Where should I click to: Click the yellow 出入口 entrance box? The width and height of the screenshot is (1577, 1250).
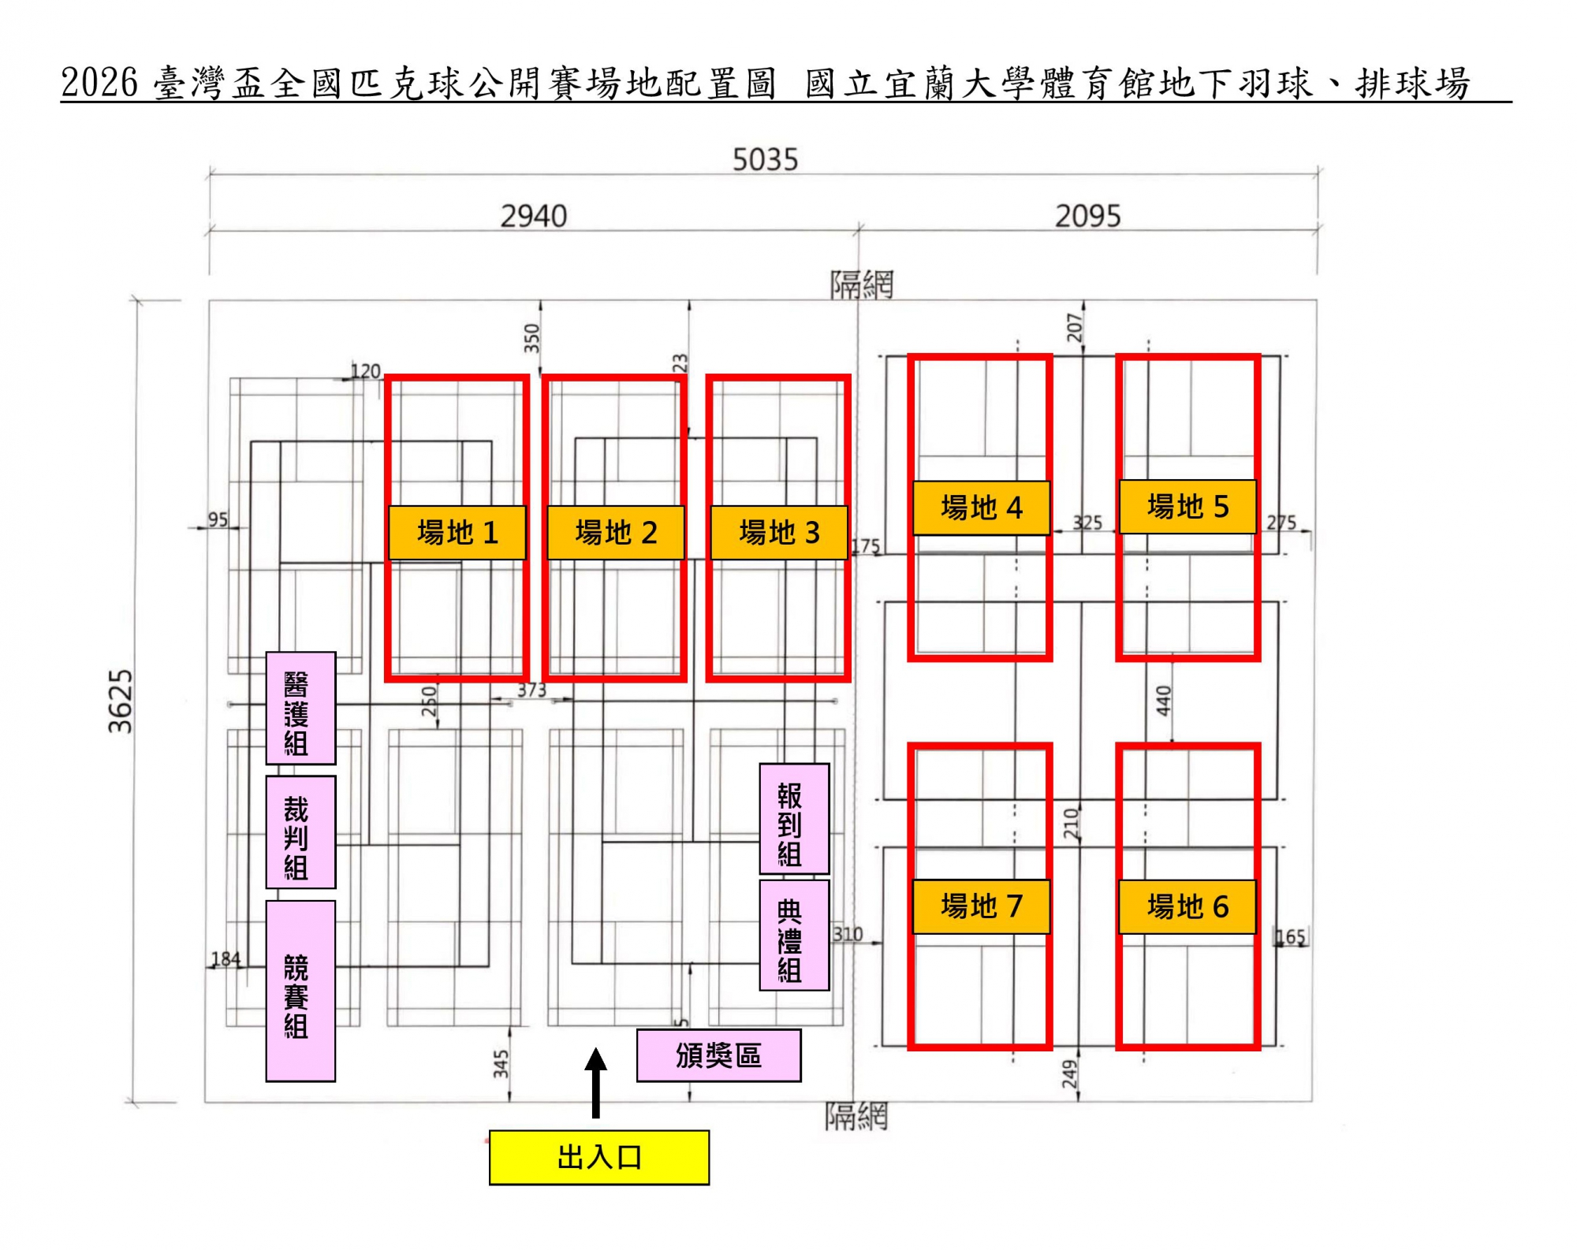(x=598, y=1157)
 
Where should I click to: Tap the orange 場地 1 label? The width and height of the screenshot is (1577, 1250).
(x=457, y=533)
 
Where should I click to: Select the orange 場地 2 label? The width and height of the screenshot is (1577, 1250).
(x=615, y=533)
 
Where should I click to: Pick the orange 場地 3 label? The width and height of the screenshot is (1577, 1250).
(x=779, y=533)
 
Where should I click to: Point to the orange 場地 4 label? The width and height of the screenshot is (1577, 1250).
(x=981, y=508)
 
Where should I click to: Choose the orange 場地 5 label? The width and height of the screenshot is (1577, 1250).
(x=1187, y=506)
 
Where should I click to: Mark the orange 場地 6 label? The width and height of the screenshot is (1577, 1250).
(x=1187, y=906)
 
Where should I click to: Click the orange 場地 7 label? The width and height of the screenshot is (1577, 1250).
(x=981, y=906)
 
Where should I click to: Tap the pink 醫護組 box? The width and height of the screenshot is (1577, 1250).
(x=300, y=708)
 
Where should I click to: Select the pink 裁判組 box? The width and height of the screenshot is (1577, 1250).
(x=300, y=831)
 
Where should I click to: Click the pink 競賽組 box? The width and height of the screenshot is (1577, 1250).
(x=300, y=991)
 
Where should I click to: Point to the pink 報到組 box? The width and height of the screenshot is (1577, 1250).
(x=794, y=818)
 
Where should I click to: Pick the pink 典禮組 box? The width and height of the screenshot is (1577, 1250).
(x=794, y=935)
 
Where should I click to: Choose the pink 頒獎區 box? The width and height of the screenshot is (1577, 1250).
(x=718, y=1055)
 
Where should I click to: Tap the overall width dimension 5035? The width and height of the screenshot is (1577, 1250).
(x=765, y=160)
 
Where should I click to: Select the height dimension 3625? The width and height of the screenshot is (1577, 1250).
(x=121, y=701)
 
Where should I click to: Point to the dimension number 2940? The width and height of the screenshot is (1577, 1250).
(x=534, y=216)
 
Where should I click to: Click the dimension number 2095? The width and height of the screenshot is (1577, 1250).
(x=1087, y=216)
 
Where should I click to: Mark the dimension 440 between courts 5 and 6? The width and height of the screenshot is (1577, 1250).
(x=1163, y=701)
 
